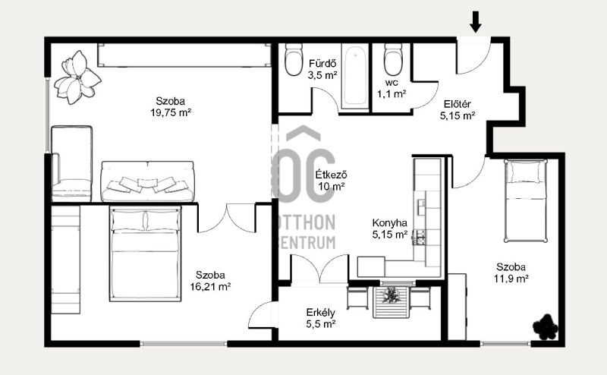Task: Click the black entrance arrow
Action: coord(476,22)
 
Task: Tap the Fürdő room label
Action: coord(322,64)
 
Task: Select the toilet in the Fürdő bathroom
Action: coord(294,59)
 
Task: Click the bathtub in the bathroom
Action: coord(355,76)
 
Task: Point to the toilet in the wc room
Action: coord(393,59)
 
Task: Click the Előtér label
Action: coord(458,104)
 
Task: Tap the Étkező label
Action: coord(331,175)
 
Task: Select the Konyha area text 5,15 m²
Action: coord(390,235)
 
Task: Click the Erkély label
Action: coord(320,313)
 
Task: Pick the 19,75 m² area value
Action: coord(171,113)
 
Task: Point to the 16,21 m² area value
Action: coord(210,287)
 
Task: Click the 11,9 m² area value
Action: coord(511,279)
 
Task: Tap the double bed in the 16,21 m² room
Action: coord(145,254)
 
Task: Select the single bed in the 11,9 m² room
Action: coord(526,200)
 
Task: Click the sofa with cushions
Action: coord(147,181)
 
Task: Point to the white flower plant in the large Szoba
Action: coord(77,77)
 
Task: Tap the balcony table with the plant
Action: coord(391,302)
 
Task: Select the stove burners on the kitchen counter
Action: coord(420,237)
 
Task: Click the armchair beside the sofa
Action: coord(72,163)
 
